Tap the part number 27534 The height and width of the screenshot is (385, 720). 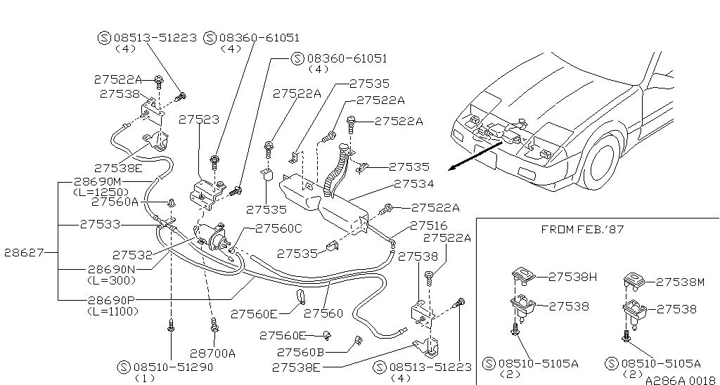[x=415, y=184]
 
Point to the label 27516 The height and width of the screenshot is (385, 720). [x=428, y=226]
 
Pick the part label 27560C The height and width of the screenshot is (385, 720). [x=278, y=228]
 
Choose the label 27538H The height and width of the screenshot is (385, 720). [x=572, y=277]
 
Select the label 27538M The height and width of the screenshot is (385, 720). [x=680, y=282]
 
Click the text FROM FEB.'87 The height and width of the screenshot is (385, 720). [x=582, y=229]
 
